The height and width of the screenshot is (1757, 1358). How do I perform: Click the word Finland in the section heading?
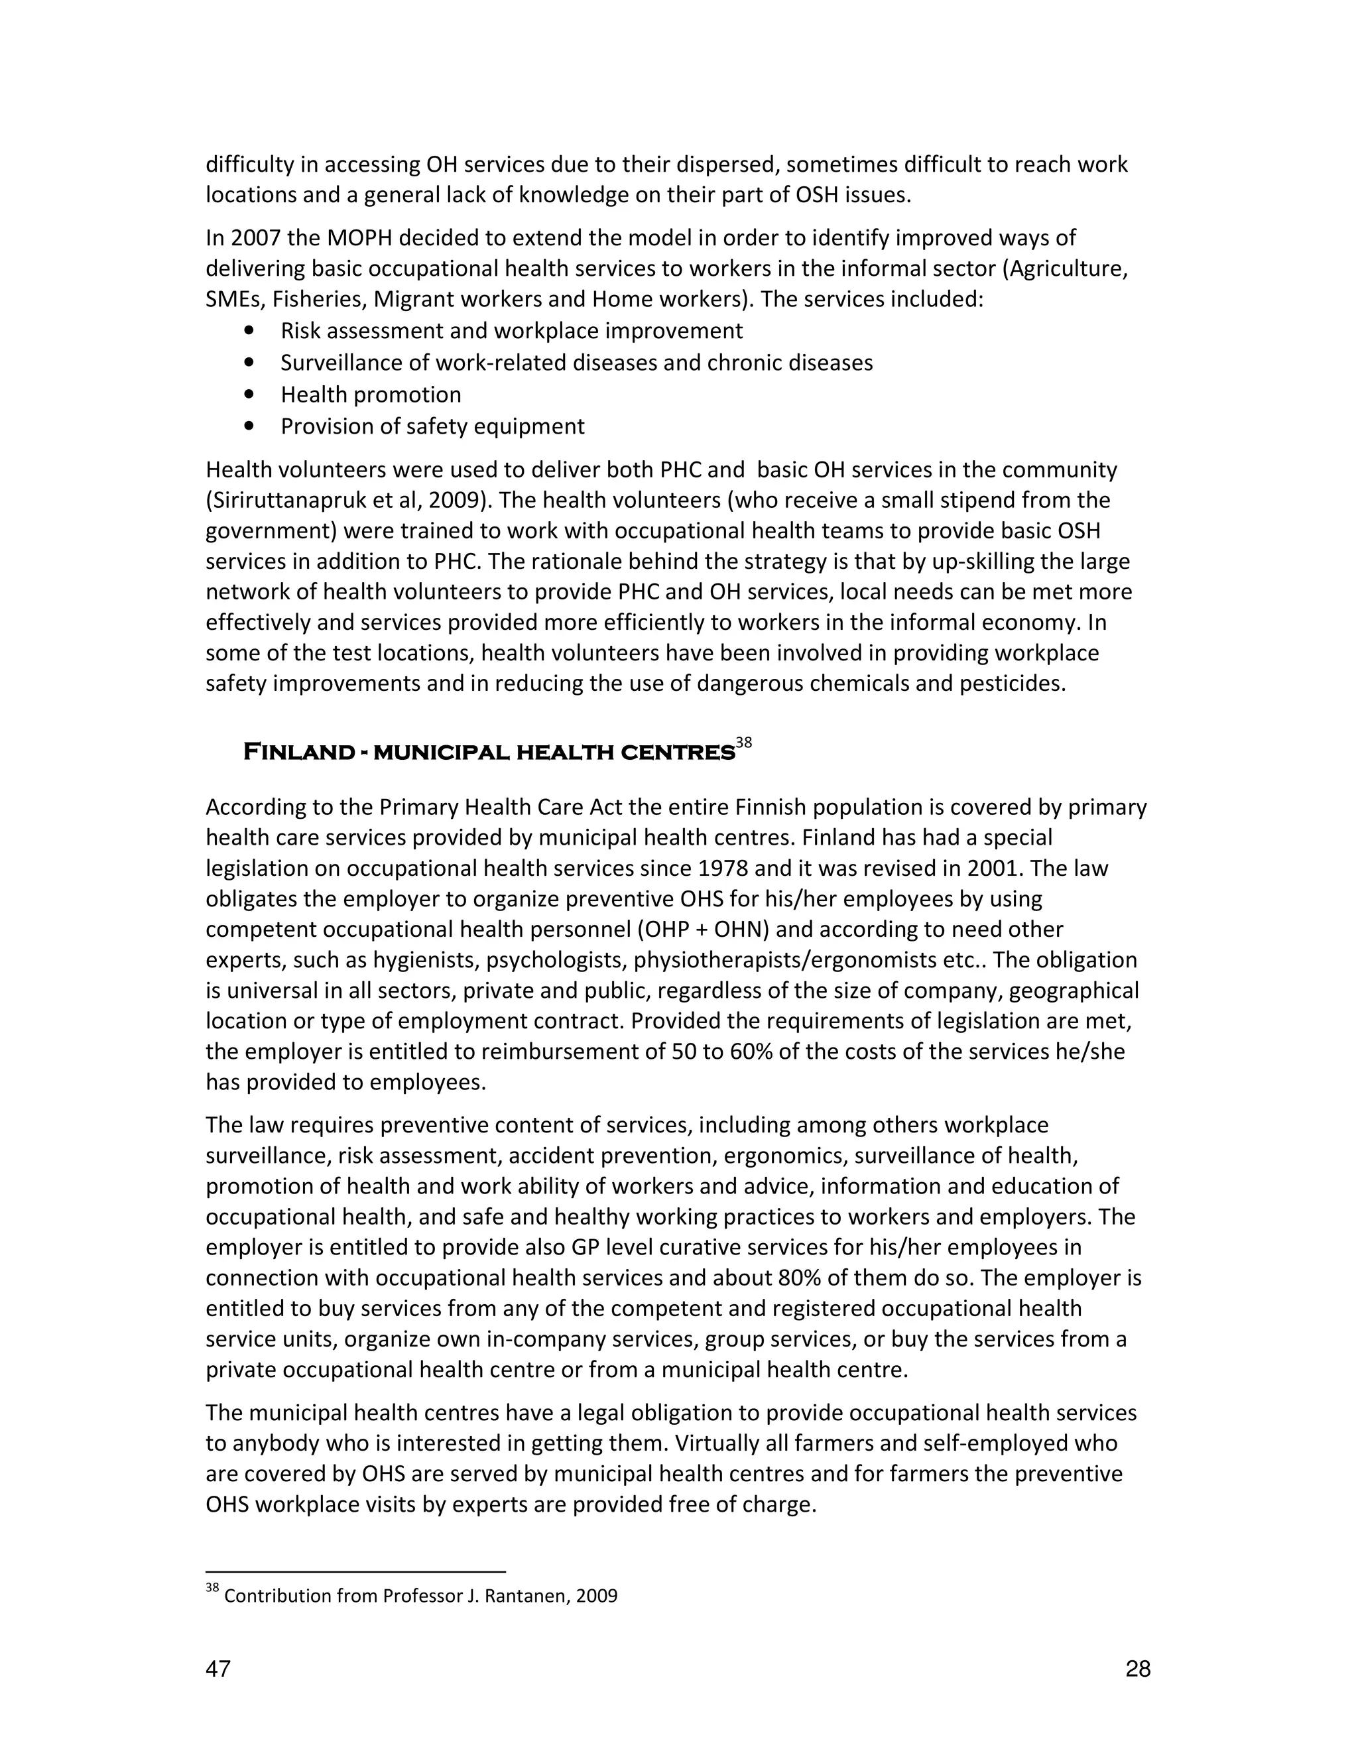[298, 753]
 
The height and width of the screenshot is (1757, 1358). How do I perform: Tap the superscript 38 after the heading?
[743, 743]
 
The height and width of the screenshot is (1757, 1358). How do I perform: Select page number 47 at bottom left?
[218, 1669]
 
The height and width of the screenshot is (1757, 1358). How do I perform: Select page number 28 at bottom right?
[1138, 1669]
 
